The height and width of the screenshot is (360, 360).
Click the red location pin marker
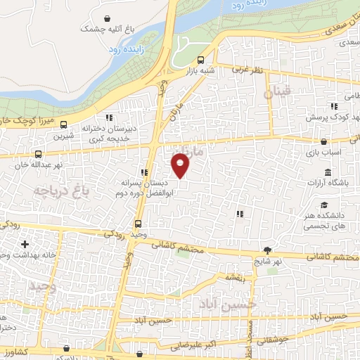(x=181, y=165)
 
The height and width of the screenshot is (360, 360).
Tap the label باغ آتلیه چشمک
(x=107, y=29)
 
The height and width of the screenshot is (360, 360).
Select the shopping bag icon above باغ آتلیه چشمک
(x=106, y=18)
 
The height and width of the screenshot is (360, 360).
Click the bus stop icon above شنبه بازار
(x=201, y=60)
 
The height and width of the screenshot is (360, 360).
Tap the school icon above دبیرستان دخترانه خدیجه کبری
(x=108, y=118)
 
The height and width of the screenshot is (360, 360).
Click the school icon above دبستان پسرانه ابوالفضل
(x=144, y=172)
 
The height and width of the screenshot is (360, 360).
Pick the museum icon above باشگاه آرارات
(x=328, y=173)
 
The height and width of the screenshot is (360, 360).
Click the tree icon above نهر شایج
(x=267, y=250)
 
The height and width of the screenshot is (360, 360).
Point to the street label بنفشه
(x=234, y=277)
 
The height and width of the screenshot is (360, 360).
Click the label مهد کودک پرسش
(x=334, y=115)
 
